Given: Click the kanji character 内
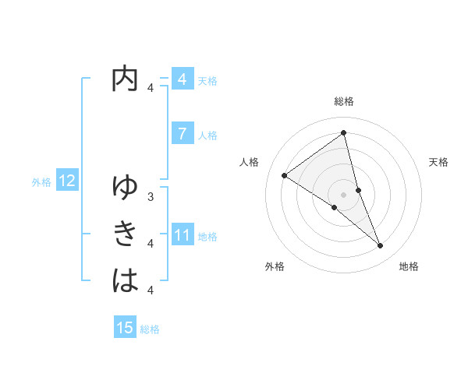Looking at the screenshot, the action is pos(125,79).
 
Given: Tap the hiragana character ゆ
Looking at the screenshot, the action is pos(125,187).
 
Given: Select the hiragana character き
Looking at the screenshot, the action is pos(125,234).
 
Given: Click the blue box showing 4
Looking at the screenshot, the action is pos(182,79).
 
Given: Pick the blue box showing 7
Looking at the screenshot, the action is pos(182,134).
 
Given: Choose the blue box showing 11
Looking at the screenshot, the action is pos(182,235).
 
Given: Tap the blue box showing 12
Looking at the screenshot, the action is pos(67,181).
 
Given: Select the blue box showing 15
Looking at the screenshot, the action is pos(125,329).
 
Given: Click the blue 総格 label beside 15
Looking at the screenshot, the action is pos(150,329).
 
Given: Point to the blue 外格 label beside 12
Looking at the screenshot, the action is pos(41,182).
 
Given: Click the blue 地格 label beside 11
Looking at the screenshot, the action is pos(207,236).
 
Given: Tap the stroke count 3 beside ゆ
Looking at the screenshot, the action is pos(151,197).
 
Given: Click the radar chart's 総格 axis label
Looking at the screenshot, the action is pos(343,101).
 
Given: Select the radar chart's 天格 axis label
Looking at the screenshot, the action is pos(439,162).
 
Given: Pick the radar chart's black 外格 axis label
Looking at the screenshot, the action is pos(275,266).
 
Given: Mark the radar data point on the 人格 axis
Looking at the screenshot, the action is pos(285,175).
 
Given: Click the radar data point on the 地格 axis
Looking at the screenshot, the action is pos(380,246).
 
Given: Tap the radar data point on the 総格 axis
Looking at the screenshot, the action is pos(343,132).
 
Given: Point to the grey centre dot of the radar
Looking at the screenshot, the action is pos(343,195).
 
